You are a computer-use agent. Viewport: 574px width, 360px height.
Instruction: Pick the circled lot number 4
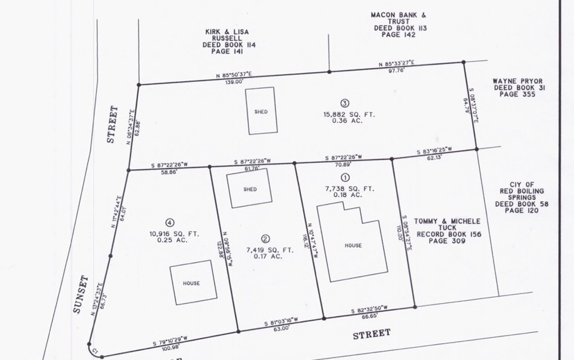[x=169, y=222]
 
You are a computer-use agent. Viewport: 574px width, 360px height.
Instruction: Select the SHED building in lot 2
[x=250, y=189]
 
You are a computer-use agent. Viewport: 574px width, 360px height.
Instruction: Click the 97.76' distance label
[x=397, y=70]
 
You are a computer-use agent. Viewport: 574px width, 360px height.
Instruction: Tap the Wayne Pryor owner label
[x=517, y=89]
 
